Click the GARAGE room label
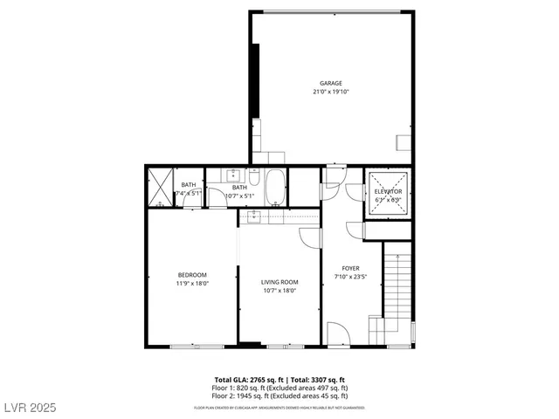point(330,84)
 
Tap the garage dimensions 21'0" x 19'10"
point(330,92)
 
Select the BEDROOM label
point(192,275)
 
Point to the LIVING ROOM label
point(279,282)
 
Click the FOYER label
point(350,269)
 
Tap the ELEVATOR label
point(388,191)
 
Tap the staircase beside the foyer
point(397,292)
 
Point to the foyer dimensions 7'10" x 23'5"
point(350,278)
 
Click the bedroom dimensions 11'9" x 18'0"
point(192,283)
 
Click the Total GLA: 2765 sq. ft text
point(245,380)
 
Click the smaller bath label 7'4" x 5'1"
point(189,194)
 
